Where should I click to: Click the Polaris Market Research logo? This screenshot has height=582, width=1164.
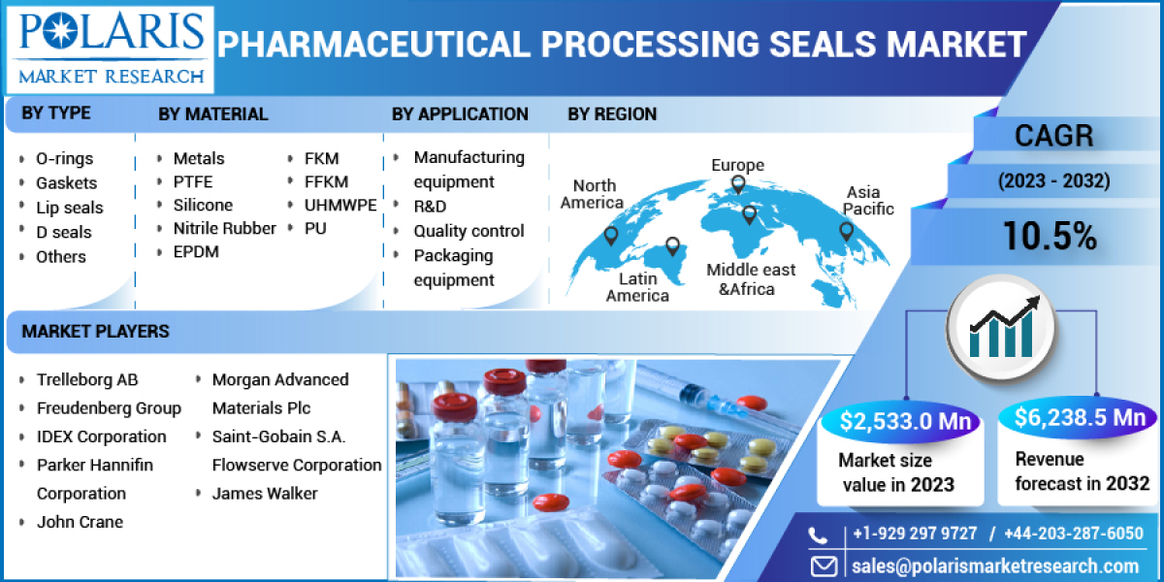pos(109,48)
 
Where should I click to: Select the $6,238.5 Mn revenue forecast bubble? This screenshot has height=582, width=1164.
pos(1080,417)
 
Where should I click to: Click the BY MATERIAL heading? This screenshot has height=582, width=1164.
pos(213,113)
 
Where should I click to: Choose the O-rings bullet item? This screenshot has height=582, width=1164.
pos(65,158)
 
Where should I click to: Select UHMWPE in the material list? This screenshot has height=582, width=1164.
pos(340,205)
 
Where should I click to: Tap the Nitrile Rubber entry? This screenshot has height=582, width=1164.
pos(224,228)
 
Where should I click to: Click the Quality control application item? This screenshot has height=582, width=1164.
pos(469,231)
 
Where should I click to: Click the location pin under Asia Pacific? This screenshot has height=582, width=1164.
pos(846,231)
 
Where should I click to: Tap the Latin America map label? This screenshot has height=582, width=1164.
pos(637,287)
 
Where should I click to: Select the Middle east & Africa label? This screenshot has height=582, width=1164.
pos(751,278)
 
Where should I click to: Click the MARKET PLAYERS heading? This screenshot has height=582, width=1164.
pos(96,332)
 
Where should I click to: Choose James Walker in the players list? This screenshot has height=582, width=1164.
pos(265,493)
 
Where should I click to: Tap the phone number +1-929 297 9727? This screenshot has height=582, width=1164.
pos(916,533)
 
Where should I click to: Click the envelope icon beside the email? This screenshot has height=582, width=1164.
pos(824,566)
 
